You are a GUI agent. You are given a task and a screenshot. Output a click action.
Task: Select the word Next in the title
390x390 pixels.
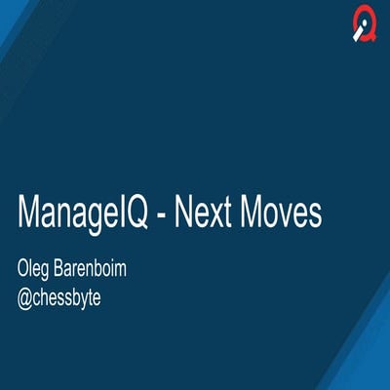203,214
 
